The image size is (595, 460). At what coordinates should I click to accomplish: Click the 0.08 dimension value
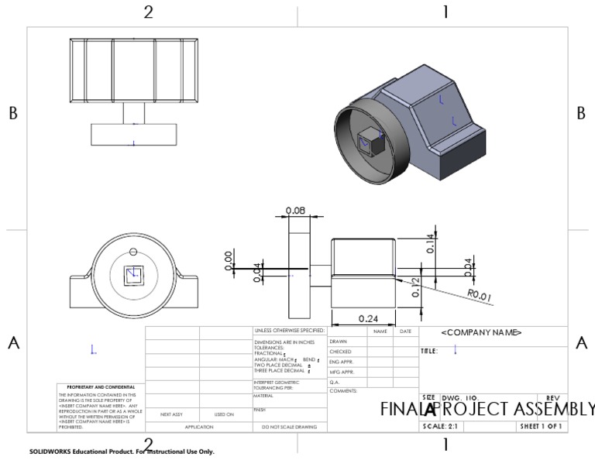[x=295, y=211]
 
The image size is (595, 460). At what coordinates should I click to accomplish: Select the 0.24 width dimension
[x=367, y=318]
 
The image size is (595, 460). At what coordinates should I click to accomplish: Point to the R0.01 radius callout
[x=481, y=294]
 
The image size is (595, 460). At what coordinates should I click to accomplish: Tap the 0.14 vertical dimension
[x=431, y=245]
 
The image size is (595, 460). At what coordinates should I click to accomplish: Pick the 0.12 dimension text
[x=415, y=287]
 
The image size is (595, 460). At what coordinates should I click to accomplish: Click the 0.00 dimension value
[x=229, y=261]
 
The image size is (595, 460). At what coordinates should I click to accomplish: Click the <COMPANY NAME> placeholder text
[x=481, y=332]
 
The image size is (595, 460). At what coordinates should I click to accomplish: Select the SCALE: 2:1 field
[x=440, y=427]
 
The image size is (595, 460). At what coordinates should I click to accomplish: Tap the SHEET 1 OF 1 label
[x=542, y=427]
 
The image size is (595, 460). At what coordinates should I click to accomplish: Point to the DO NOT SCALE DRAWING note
[x=290, y=427]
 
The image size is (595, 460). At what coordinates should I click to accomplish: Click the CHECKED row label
[x=340, y=352]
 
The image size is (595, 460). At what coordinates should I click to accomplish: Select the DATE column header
[x=405, y=331]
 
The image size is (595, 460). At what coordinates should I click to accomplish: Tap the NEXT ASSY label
[x=171, y=414]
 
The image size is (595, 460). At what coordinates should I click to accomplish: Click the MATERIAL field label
[x=265, y=395]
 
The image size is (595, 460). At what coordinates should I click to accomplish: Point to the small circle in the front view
[x=133, y=250]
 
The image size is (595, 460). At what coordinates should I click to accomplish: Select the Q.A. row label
[x=335, y=381]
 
